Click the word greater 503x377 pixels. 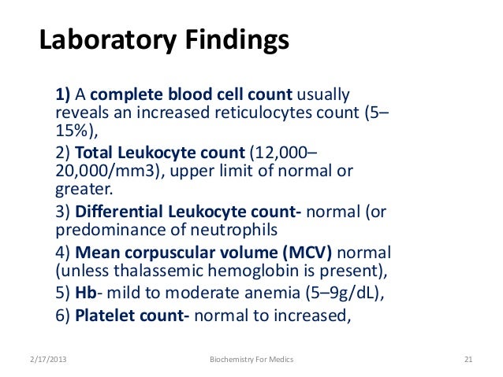tap(83, 189)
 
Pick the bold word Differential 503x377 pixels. tap(116, 212)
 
